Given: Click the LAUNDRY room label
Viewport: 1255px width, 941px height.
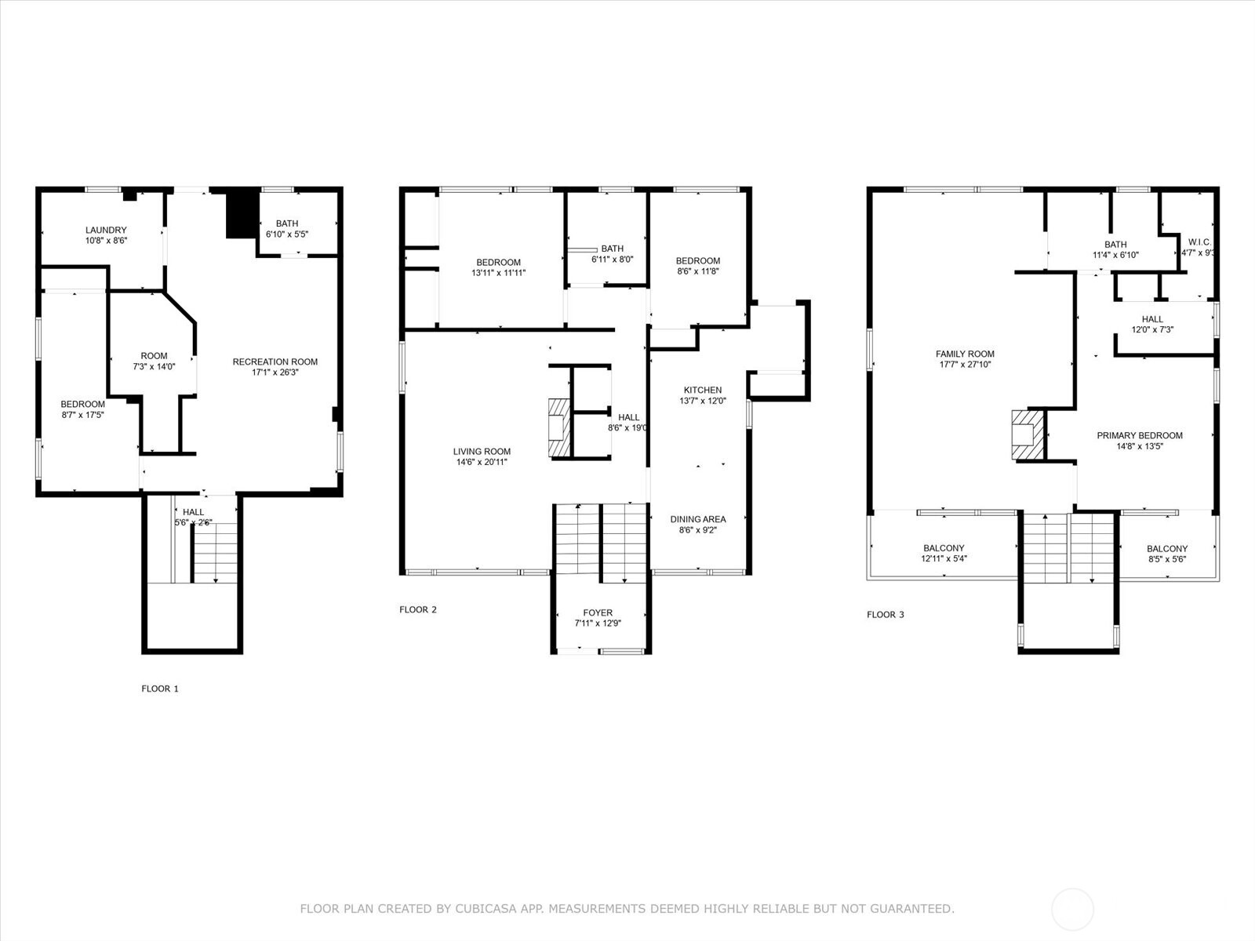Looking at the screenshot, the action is pyautogui.click(x=106, y=231).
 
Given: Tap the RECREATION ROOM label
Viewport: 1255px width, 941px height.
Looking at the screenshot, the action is pyautogui.click(x=275, y=362).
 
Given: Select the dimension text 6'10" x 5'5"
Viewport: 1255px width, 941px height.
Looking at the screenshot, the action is pyautogui.click(x=287, y=234).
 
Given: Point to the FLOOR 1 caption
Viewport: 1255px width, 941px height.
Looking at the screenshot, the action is pyautogui.click(x=160, y=688).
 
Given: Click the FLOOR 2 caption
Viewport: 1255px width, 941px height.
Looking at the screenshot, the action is pyautogui.click(x=418, y=609).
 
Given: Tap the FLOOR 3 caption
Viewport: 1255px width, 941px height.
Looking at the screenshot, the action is pyautogui.click(x=886, y=615).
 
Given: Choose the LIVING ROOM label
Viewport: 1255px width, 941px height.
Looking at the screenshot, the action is pyautogui.click(x=482, y=452).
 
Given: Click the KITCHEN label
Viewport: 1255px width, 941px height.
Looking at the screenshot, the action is pyautogui.click(x=703, y=390).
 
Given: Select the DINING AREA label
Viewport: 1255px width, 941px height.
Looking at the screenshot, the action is pyautogui.click(x=698, y=519).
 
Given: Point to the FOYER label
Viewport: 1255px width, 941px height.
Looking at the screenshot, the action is pyautogui.click(x=598, y=612).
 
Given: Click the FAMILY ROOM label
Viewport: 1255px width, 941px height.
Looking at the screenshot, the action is pyautogui.click(x=965, y=354).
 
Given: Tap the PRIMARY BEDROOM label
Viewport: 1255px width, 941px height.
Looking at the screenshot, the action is pyautogui.click(x=1140, y=435).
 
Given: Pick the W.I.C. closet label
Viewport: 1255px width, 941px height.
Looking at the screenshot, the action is pyautogui.click(x=1199, y=242).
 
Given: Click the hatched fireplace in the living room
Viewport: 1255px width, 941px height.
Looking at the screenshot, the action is pyautogui.click(x=560, y=427).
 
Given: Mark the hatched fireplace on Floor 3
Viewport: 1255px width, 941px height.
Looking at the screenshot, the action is pyautogui.click(x=1028, y=434).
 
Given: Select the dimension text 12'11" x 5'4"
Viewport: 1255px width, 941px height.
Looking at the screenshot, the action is pyautogui.click(x=944, y=559).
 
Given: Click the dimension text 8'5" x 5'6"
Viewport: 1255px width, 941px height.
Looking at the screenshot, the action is pyautogui.click(x=1167, y=559).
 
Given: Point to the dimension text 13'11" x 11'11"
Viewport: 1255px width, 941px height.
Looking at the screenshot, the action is pyautogui.click(x=499, y=273).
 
